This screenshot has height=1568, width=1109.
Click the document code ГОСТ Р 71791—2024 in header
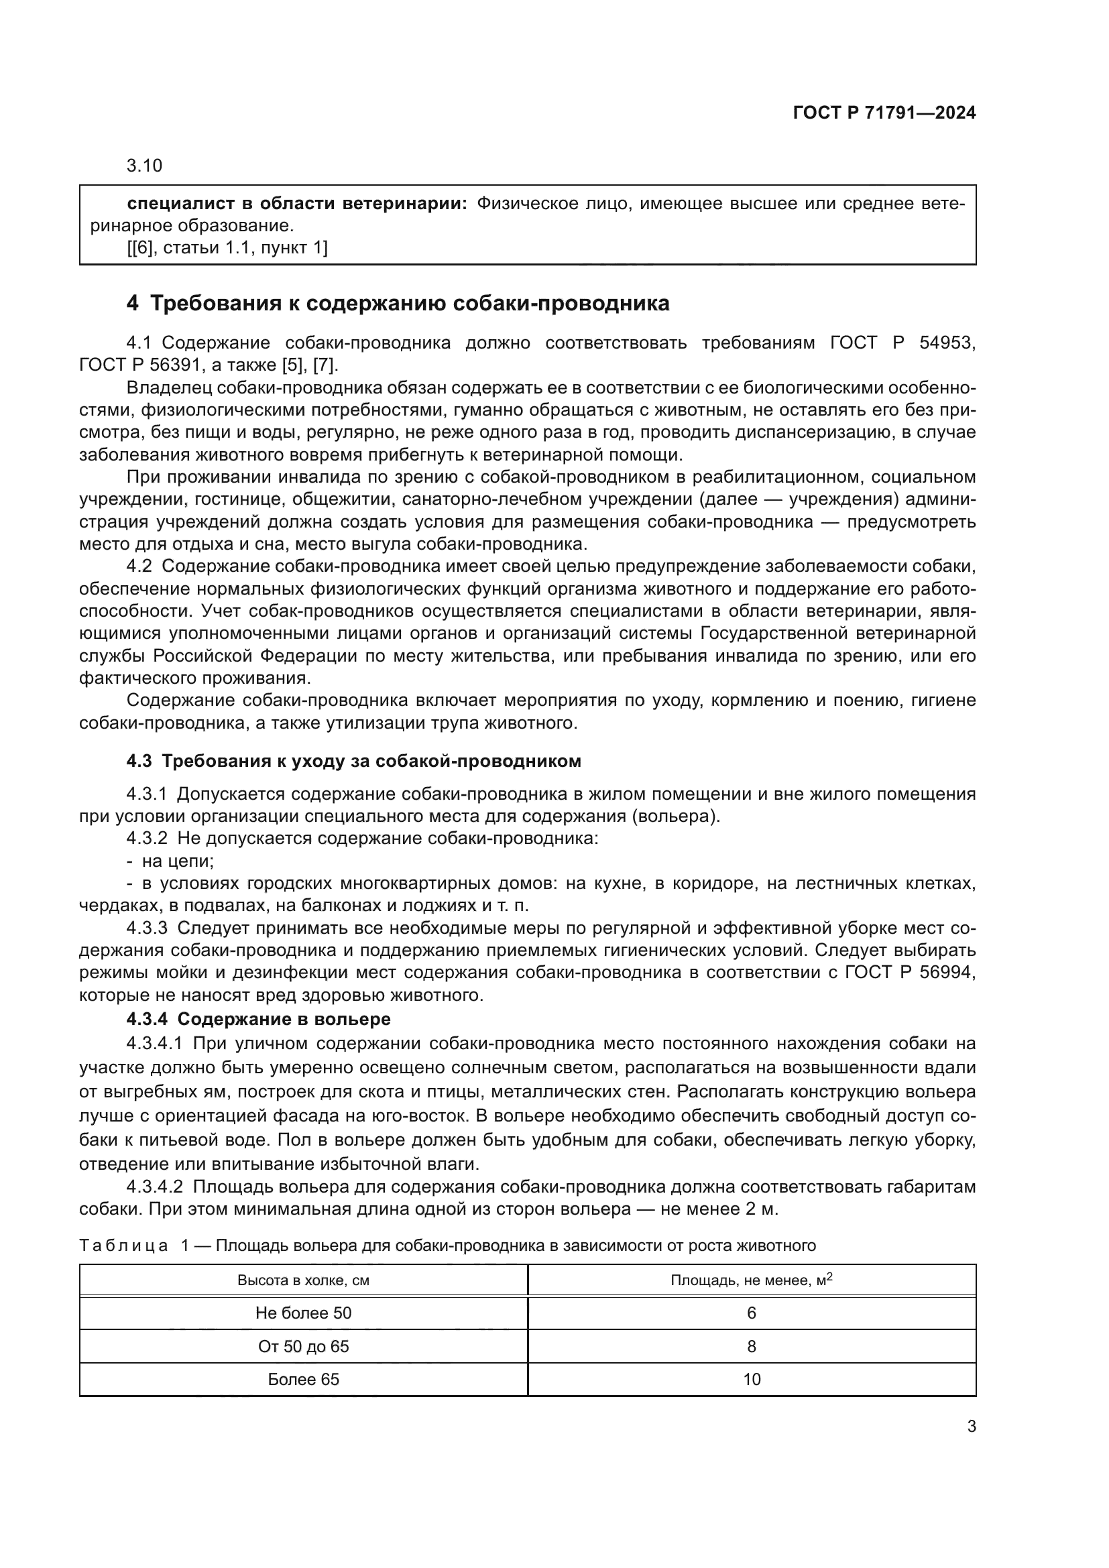point(884,113)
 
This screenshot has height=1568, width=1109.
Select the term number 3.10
point(144,166)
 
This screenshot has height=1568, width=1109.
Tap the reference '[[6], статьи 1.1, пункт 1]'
point(227,248)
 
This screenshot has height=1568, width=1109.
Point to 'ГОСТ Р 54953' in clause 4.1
point(902,343)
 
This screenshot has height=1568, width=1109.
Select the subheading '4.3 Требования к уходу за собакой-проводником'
point(353,761)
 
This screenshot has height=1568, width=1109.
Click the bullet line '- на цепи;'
point(170,861)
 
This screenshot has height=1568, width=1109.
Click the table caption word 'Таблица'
point(123,1246)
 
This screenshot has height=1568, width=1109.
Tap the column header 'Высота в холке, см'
point(303,1280)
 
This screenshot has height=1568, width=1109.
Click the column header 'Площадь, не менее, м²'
point(751,1280)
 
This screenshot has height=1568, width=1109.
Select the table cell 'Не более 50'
point(303,1313)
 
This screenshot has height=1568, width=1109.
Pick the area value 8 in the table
point(751,1347)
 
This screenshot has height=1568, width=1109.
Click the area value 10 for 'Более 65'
point(751,1380)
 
